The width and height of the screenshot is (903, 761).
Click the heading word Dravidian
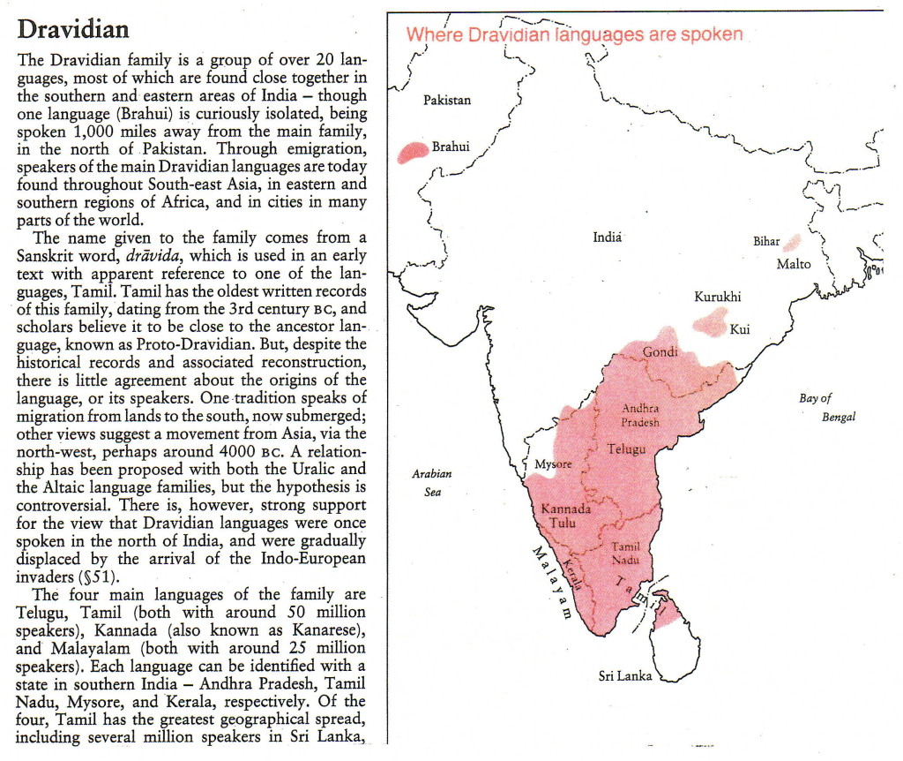(x=73, y=29)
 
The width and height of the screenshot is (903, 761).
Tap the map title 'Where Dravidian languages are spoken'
(x=574, y=35)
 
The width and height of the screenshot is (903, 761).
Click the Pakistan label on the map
(x=447, y=100)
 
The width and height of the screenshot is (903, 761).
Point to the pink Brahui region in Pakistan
(x=412, y=153)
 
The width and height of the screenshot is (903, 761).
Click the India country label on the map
(x=608, y=237)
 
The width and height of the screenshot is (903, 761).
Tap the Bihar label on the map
(x=766, y=241)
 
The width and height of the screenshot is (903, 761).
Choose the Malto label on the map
(x=794, y=264)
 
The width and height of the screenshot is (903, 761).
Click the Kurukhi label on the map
(x=717, y=297)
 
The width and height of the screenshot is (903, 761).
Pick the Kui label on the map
(x=739, y=329)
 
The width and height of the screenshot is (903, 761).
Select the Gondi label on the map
(x=660, y=352)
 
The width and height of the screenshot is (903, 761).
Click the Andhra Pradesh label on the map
(x=640, y=415)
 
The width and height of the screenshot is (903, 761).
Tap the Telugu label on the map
(x=626, y=449)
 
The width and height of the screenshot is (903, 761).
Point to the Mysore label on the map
(x=553, y=464)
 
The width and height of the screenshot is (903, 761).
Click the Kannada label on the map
(x=565, y=509)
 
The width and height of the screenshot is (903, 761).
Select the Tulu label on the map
(x=562, y=523)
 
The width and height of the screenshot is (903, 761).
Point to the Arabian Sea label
(x=432, y=482)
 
